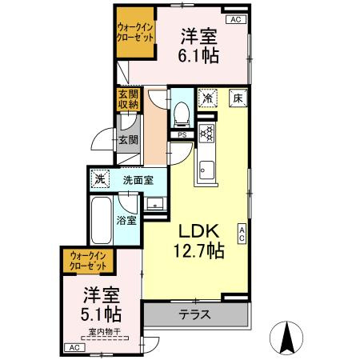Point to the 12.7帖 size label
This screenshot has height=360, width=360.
(196, 250)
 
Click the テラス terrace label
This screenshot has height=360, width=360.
(194, 314)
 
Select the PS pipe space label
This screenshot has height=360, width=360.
(183, 135)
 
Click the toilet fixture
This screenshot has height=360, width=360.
(180, 117)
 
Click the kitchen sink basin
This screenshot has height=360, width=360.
(206, 170)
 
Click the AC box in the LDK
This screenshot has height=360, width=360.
(242, 233)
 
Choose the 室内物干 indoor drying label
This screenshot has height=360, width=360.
(104, 330)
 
